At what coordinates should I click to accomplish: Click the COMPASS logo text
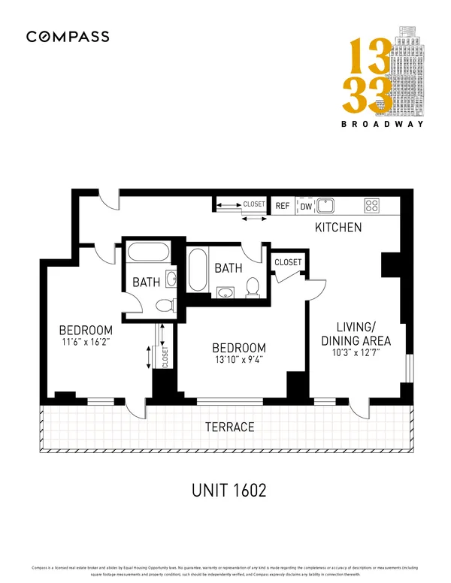tap(68, 36)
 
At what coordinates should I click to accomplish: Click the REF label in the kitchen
tap(283, 205)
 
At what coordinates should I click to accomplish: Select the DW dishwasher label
tap(306, 205)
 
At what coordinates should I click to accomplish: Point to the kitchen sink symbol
tap(326, 205)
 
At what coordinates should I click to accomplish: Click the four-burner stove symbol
tap(371, 205)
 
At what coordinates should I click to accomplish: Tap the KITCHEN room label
tap(338, 227)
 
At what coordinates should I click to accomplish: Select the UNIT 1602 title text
tap(228, 491)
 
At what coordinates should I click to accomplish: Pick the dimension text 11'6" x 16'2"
tap(86, 343)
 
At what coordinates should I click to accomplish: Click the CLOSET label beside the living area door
tap(288, 262)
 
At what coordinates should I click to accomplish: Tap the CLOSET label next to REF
tap(253, 204)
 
